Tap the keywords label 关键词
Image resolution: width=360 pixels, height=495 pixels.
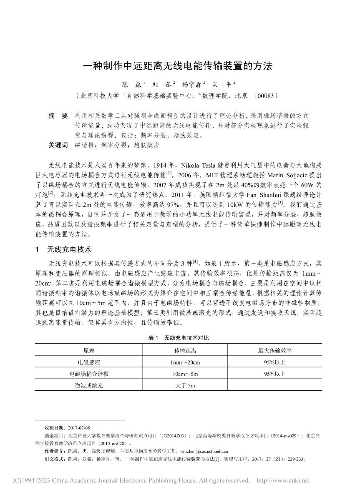coord(58,146)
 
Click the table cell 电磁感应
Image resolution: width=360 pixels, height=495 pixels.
coord(89,362)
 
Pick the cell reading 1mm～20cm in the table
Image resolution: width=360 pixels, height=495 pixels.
coord(185,362)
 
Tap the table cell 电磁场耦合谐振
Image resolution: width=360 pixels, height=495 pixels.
coord(89,374)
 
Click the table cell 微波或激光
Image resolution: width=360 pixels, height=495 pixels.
coord(89,386)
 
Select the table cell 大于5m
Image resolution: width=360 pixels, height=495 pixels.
coord(185,386)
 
